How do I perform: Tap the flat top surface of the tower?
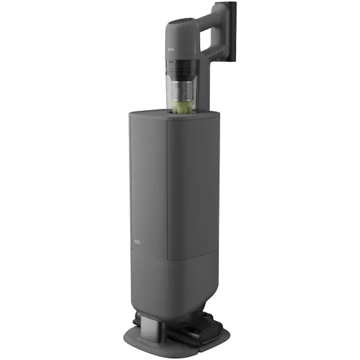pyautogui.click(x=155, y=116)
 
